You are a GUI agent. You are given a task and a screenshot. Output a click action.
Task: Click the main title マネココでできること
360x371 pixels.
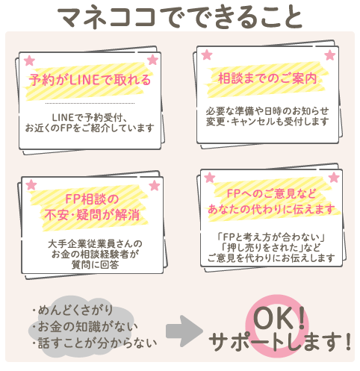click(x=180, y=17)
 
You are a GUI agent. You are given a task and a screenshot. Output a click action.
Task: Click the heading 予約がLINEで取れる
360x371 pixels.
click(x=90, y=80)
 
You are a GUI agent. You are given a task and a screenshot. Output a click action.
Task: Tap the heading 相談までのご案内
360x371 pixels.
click(x=267, y=78)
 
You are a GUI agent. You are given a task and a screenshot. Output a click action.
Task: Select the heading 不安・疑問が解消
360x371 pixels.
click(x=92, y=215)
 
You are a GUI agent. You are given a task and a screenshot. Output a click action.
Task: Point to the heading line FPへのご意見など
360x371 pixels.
click(x=271, y=193)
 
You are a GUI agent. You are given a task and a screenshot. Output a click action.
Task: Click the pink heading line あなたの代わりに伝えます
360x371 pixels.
click(x=271, y=209)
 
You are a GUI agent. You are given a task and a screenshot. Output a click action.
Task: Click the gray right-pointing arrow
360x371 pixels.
click(x=184, y=331)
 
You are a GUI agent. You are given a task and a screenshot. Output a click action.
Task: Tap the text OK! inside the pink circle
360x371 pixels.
click(x=279, y=318)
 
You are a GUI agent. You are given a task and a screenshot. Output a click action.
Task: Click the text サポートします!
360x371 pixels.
click(x=280, y=342)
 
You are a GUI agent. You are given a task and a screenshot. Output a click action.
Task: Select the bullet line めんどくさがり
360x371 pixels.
click(x=72, y=310)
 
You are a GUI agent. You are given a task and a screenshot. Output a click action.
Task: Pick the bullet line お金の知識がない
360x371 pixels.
click(x=84, y=327)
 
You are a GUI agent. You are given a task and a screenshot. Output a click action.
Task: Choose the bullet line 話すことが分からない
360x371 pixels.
click(x=95, y=343)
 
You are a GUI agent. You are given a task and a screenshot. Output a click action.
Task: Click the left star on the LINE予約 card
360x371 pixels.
click(x=29, y=60)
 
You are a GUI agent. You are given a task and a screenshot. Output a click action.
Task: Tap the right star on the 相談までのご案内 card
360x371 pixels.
click(x=330, y=55)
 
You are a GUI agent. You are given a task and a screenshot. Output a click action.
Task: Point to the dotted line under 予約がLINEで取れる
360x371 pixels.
click(x=90, y=103)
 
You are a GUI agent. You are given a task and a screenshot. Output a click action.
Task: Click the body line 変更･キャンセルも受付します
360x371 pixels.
click(x=267, y=122)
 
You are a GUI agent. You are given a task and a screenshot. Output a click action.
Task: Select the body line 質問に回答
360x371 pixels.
click(x=95, y=264)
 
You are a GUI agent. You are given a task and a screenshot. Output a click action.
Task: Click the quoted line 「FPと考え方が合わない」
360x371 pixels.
click(x=271, y=237)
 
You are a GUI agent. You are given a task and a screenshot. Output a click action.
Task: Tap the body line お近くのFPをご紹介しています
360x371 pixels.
click(x=90, y=128)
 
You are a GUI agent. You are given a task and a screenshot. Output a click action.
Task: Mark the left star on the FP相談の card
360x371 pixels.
click(x=31, y=185)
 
